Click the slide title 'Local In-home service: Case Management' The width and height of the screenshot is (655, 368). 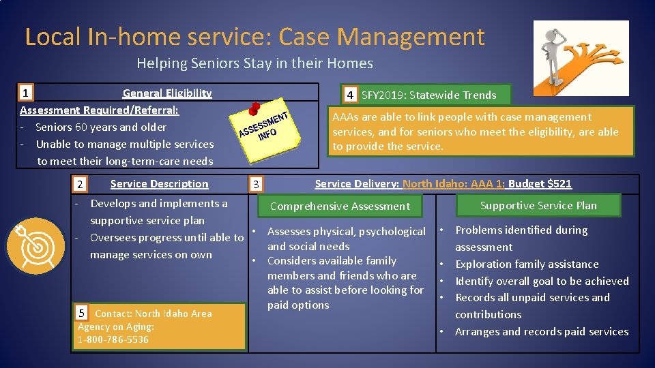tap(254, 37)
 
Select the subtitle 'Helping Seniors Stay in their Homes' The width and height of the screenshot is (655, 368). tap(254, 63)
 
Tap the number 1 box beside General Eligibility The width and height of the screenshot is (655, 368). tap(26, 93)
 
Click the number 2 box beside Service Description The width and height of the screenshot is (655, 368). tap(80, 184)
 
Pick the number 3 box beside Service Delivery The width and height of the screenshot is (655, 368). tap(255, 184)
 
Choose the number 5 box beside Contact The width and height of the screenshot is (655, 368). tap(82, 313)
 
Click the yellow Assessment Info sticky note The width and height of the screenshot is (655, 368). tap(266, 129)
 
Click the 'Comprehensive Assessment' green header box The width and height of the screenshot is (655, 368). tap(340, 206)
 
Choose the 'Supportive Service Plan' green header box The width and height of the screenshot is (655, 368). tap(538, 205)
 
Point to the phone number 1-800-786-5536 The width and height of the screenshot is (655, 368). tap(113, 339)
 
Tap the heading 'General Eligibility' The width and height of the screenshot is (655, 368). tap(167, 93)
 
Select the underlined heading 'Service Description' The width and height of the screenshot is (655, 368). tap(159, 184)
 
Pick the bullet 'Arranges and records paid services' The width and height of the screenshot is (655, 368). tap(542, 332)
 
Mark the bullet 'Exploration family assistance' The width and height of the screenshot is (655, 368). tap(527, 264)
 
